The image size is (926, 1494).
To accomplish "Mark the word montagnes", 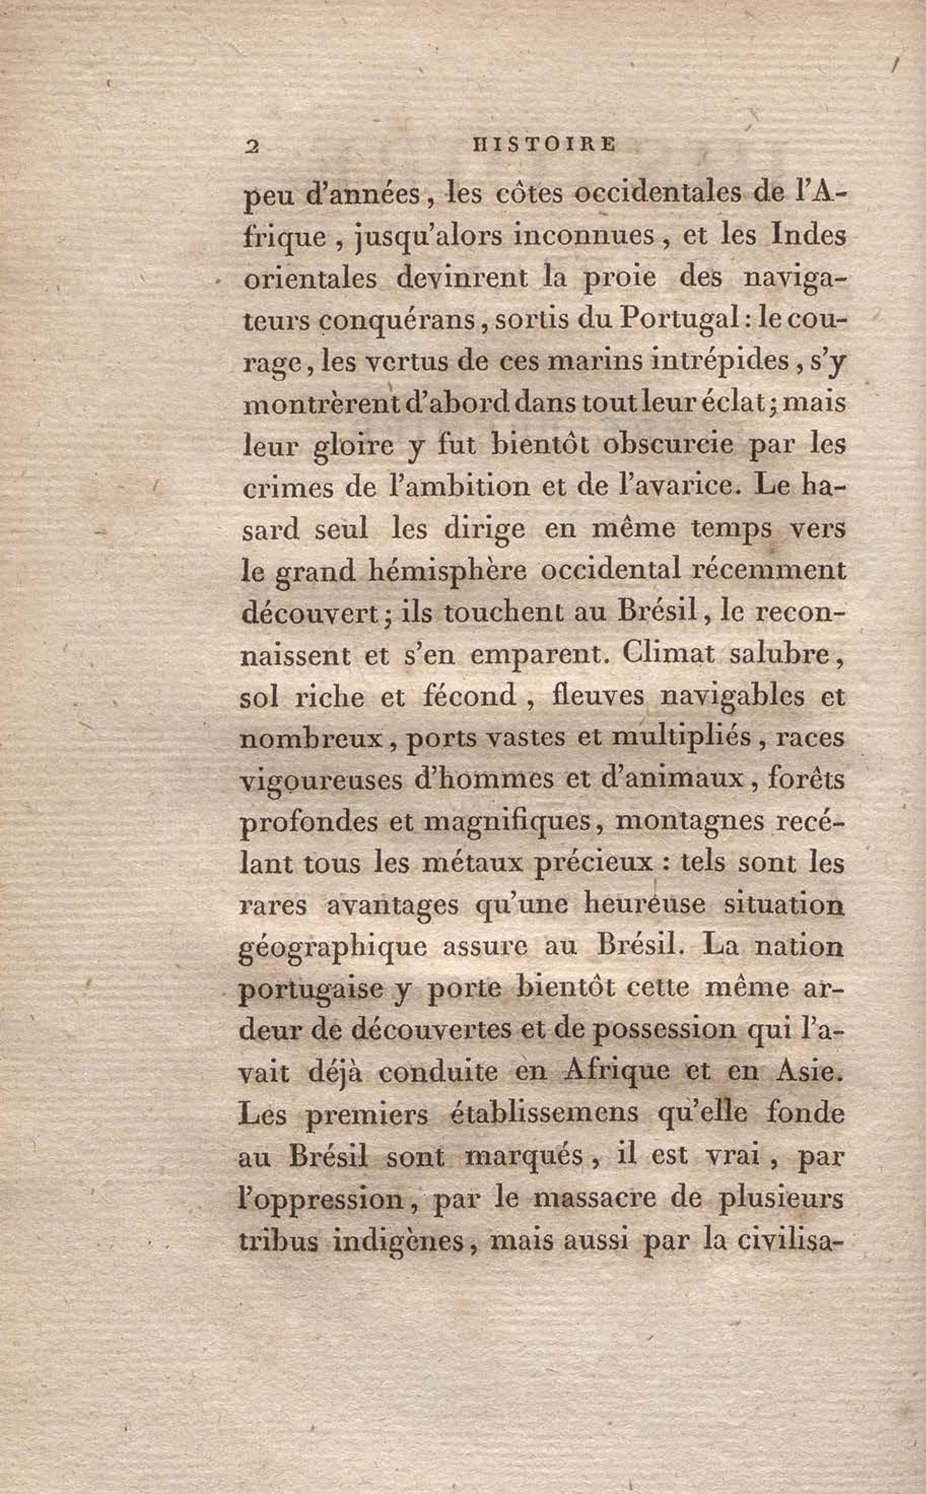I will [x=690, y=822].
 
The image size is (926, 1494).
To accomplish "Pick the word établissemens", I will [x=544, y=1113].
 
